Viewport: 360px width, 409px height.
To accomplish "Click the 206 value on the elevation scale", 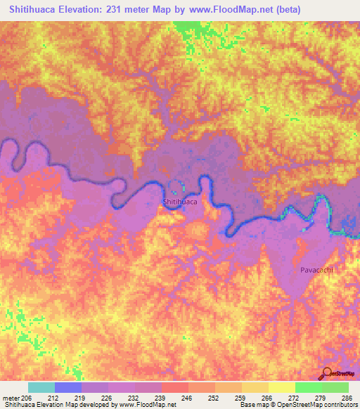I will (x=28, y=398).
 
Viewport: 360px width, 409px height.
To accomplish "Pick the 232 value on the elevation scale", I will (x=135, y=398).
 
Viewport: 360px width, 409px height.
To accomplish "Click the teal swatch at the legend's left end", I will (x=41, y=387).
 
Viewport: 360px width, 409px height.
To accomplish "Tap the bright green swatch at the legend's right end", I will (x=335, y=387).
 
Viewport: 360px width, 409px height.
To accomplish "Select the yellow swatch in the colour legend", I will (x=282, y=387).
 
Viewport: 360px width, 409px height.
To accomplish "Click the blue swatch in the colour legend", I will (x=68, y=387).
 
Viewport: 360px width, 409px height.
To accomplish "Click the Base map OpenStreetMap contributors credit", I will (x=297, y=405).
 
